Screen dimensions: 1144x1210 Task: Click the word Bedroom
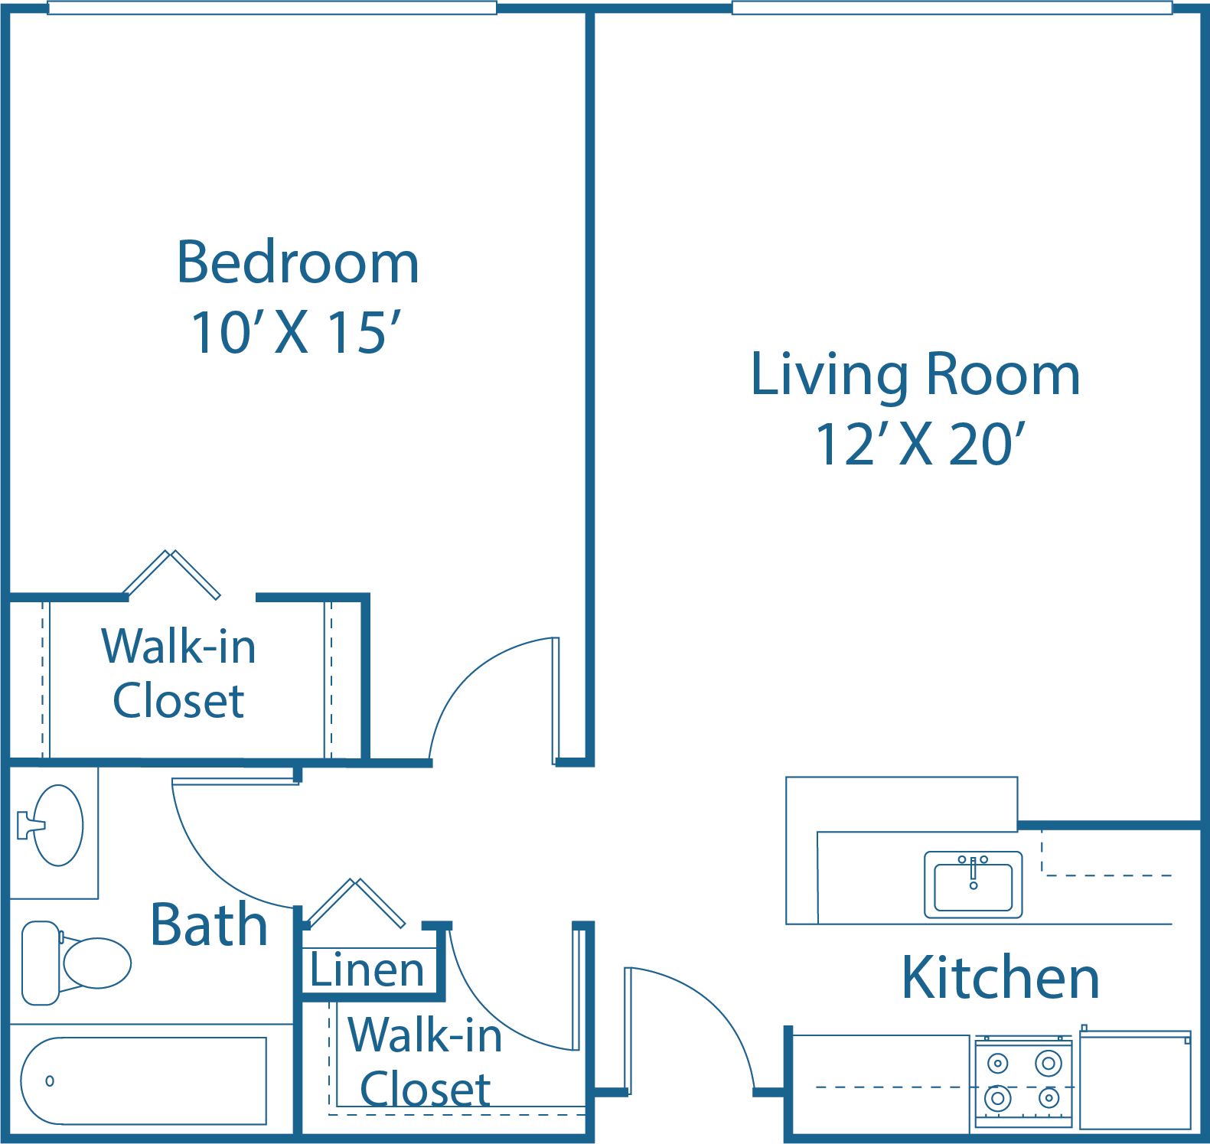click(x=298, y=262)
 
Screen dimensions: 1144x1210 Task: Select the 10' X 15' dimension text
click(x=296, y=333)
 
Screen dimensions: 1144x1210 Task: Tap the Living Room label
click(x=915, y=374)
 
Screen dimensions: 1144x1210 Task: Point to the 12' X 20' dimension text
click(x=919, y=445)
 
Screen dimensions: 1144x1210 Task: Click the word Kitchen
click(x=1000, y=978)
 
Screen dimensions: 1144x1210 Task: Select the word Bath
click(x=209, y=925)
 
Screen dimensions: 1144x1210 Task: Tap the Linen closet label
click(x=367, y=970)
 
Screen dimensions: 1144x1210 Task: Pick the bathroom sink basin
click(x=58, y=825)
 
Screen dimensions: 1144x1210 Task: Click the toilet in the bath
click(x=77, y=963)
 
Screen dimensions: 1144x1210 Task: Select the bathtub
click(x=143, y=1080)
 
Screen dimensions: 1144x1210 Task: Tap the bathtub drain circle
click(x=50, y=1080)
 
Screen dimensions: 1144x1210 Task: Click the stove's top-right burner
click(x=1048, y=1063)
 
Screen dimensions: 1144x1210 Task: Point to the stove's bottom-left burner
click(x=997, y=1099)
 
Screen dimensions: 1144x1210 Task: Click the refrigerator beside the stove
click(x=1135, y=1080)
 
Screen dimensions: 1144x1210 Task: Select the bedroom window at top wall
click(x=272, y=8)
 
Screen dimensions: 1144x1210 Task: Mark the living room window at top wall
click(x=951, y=8)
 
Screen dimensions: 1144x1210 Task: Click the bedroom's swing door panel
click(x=556, y=700)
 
